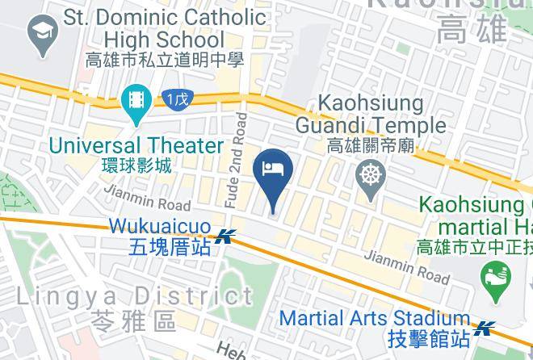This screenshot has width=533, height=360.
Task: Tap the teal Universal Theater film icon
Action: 136,102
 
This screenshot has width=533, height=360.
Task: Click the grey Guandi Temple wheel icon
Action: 371,175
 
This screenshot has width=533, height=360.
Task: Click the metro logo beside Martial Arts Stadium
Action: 485,328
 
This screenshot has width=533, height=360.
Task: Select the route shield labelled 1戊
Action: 177,99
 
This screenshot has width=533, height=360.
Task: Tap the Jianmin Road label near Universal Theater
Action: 147,198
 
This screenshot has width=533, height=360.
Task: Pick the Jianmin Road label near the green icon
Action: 406,266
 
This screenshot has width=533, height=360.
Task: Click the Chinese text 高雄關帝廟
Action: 371,145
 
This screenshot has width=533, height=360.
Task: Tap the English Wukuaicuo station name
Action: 160,225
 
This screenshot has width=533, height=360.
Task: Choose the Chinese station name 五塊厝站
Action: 169,246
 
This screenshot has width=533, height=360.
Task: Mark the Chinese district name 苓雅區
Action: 133,320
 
